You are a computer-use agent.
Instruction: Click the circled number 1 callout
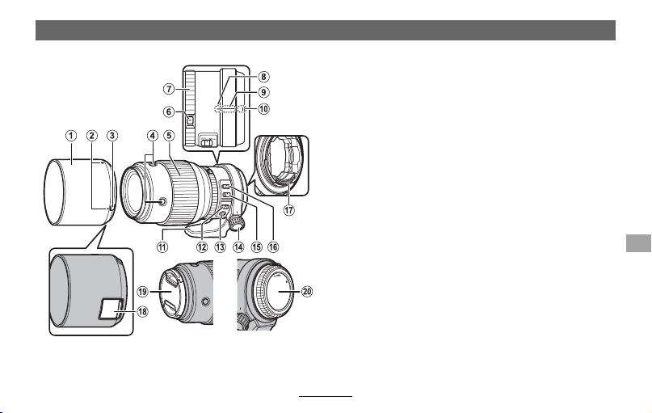(x=71, y=136)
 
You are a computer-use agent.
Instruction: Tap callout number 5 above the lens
(x=169, y=136)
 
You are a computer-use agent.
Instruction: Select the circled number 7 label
(x=168, y=89)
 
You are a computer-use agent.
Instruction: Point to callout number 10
(x=263, y=109)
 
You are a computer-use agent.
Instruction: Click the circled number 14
(x=238, y=247)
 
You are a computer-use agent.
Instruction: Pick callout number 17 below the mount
(x=289, y=210)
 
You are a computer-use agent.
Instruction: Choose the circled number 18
(x=142, y=311)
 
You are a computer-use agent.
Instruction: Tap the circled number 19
(x=142, y=292)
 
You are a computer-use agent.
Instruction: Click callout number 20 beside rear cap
(x=307, y=292)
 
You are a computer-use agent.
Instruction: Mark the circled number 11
(x=162, y=247)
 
